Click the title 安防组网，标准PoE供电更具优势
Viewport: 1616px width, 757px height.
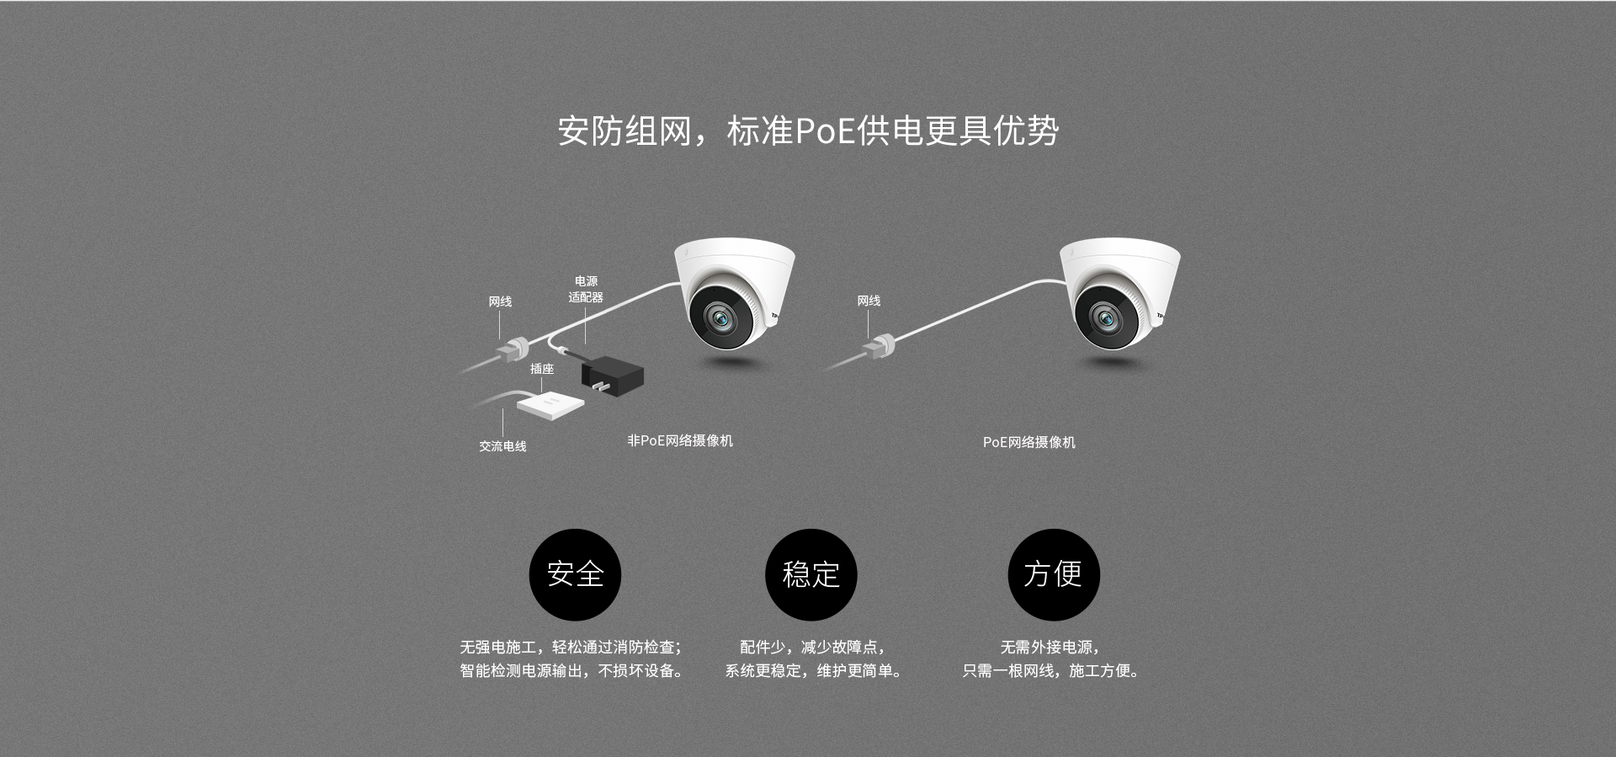point(808,131)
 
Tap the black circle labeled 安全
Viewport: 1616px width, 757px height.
point(575,574)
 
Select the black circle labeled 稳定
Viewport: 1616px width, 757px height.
point(811,574)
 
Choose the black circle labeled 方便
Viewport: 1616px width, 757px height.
point(1053,574)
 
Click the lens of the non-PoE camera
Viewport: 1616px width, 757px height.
point(720,317)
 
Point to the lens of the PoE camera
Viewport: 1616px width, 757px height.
point(1104,317)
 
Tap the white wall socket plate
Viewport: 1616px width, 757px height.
point(550,404)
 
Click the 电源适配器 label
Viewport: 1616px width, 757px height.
point(586,289)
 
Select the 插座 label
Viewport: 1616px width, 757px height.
point(542,369)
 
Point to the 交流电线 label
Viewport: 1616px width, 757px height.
point(502,446)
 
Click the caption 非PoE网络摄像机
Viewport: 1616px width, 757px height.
point(680,440)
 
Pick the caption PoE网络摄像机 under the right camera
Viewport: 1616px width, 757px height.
point(1029,442)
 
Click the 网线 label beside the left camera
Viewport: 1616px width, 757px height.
point(500,301)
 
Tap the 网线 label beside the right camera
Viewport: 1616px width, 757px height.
point(869,301)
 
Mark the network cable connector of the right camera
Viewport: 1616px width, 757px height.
point(881,344)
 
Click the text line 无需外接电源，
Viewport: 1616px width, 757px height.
point(1050,647)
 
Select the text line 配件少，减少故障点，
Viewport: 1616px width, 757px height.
point(812,647)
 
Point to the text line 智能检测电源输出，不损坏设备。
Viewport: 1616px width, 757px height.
point(571,670)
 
